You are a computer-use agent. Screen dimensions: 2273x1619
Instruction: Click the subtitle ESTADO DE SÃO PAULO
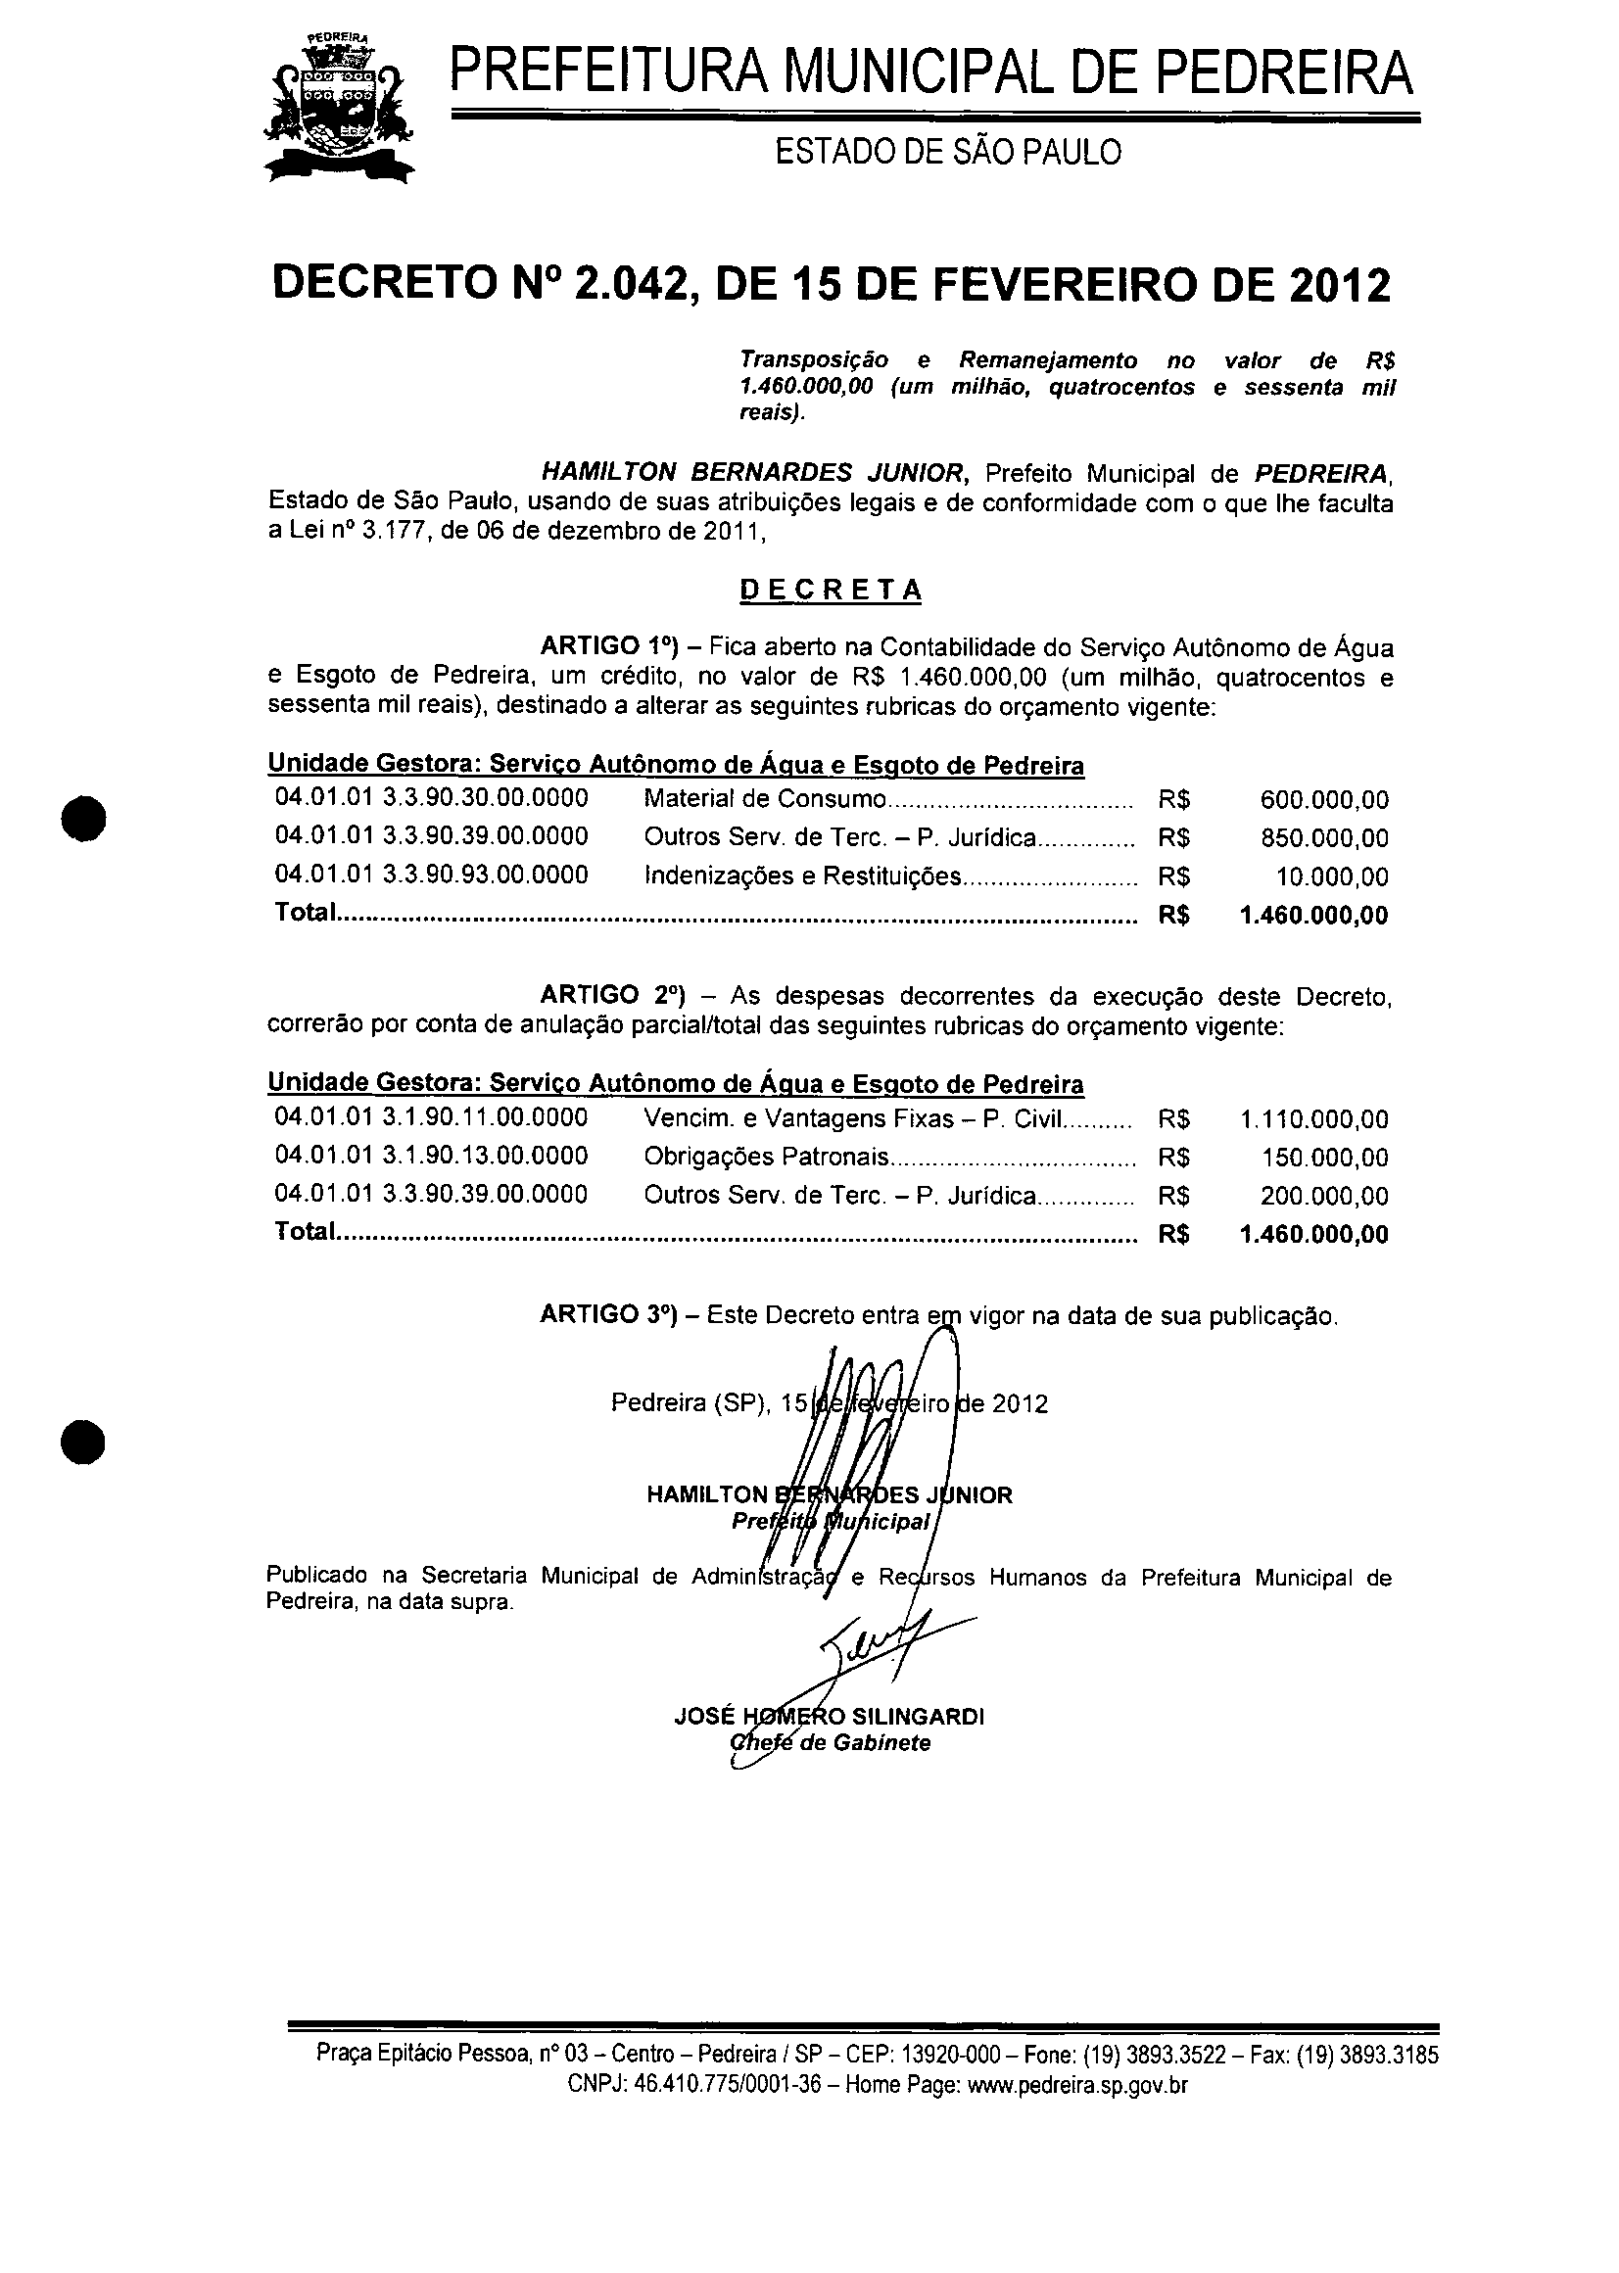pos(948,152)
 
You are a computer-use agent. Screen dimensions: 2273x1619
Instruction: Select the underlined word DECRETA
pos(831,591)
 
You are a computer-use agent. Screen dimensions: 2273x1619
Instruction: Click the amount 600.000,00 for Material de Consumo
pos(1324,799)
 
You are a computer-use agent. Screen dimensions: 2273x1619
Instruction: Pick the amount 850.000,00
pos(1324,838)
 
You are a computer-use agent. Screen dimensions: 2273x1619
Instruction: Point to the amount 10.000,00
pos(1332,877)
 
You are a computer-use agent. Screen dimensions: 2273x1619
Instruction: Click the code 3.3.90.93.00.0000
pos(486,876)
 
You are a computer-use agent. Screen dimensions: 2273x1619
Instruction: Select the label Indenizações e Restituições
pos(802,876)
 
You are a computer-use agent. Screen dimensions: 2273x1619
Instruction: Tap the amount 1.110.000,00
pos(1314,1119)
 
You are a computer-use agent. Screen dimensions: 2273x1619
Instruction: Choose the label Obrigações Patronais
pos(766,1157)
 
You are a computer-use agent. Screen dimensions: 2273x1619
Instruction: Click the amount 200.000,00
pos(1324,1196)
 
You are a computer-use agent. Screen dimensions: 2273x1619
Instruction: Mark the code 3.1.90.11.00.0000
pos(486,1117)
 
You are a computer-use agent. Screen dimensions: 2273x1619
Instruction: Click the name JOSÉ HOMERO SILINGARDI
pos(829,1717)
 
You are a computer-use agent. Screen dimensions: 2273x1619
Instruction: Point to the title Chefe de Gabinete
pos(831,1743)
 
